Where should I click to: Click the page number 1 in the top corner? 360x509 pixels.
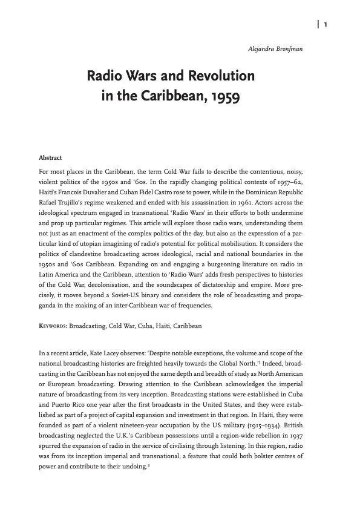(x=326, y=24)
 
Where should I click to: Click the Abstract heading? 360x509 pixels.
(x=50, y=159)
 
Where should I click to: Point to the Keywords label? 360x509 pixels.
(x=53, y=326)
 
